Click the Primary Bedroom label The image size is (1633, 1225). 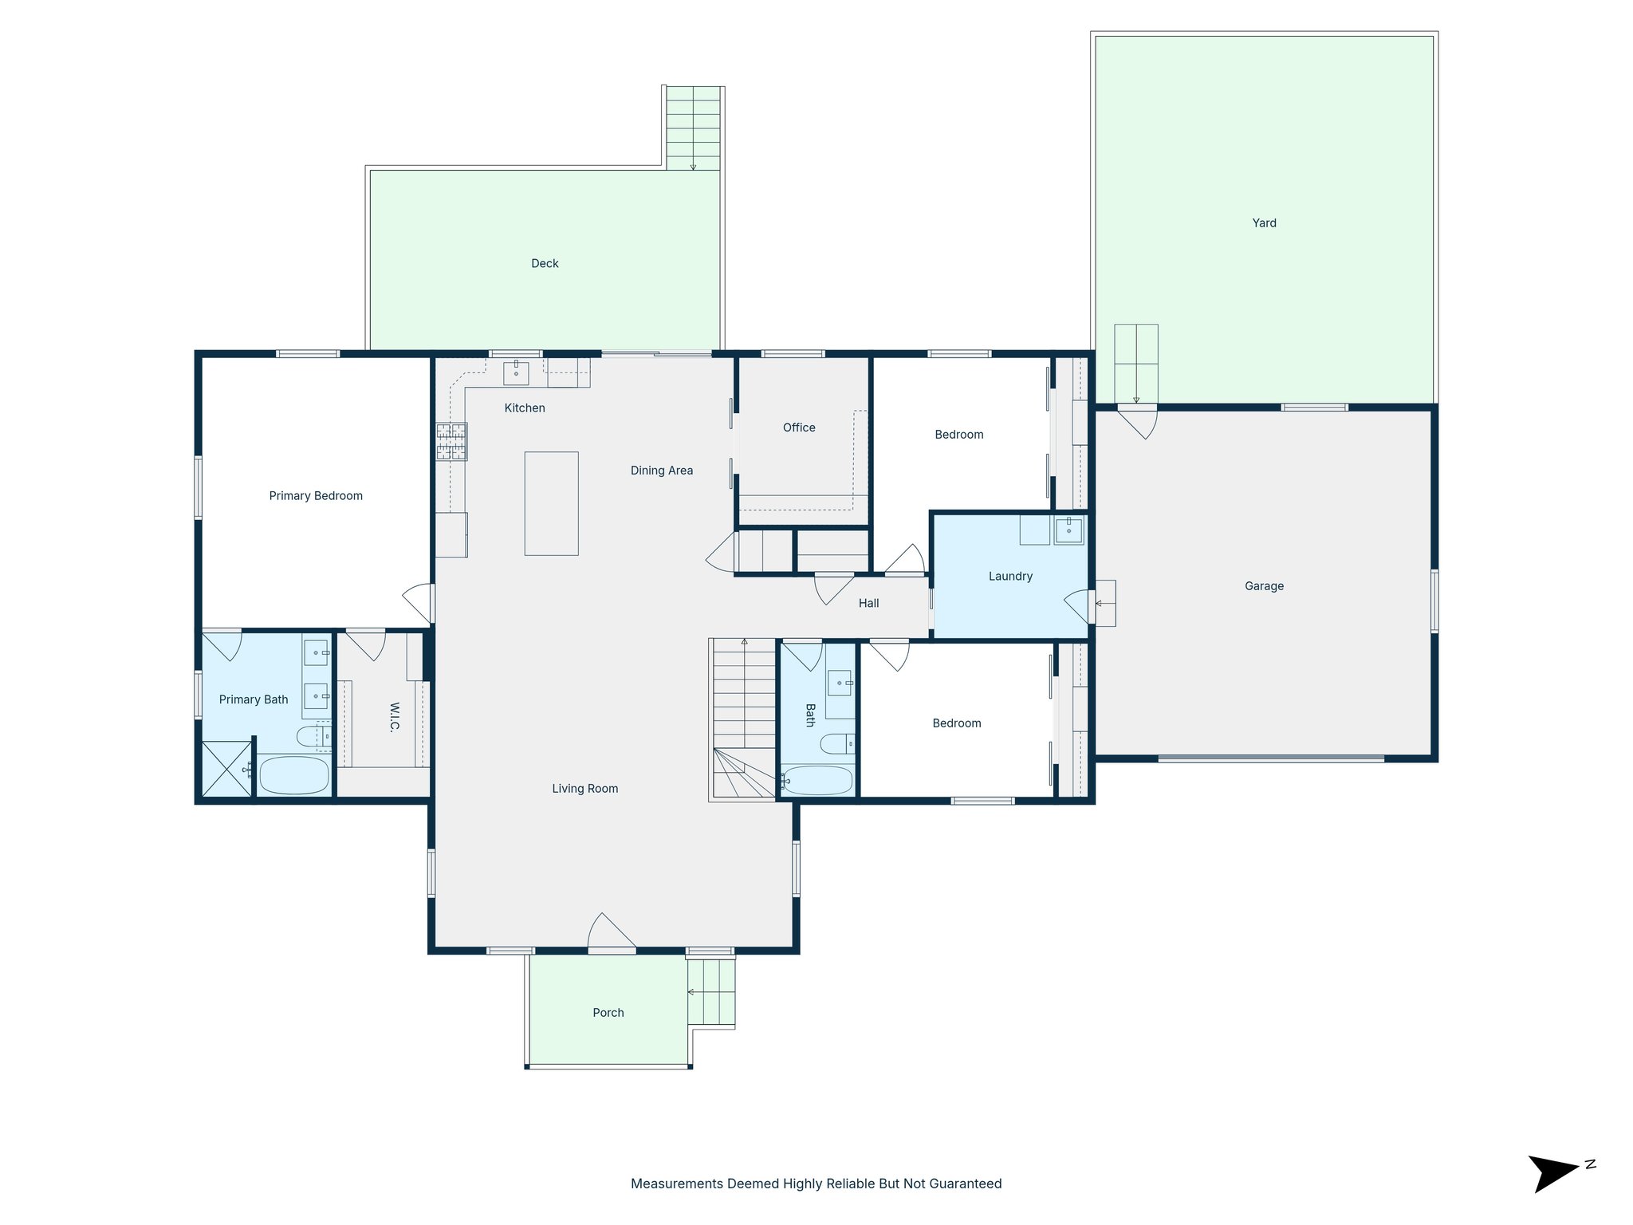coord(316,496)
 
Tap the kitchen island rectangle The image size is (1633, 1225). coord(551,503)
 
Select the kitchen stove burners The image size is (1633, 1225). coord(451,442)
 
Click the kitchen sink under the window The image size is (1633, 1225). coord(516,372)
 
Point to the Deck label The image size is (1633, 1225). coord(545,263)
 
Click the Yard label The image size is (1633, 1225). coord(1264,223)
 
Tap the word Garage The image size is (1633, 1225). coord(1264,586)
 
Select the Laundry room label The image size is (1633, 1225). coord(1010,577)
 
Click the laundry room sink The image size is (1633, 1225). coord(1068,530)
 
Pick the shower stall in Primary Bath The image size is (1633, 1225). coord(226,769)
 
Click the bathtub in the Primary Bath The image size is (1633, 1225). coord(294,775)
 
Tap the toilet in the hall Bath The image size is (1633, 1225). coord(837,744)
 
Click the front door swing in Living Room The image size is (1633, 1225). coord(611,932)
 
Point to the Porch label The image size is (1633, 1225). coord(608,1013)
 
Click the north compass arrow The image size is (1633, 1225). coord(1553,1173)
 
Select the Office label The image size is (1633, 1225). coord(799,428)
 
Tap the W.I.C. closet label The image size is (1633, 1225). coord(395,717)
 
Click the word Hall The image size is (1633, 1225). coord(868,604)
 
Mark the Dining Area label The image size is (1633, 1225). coord(661,471)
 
